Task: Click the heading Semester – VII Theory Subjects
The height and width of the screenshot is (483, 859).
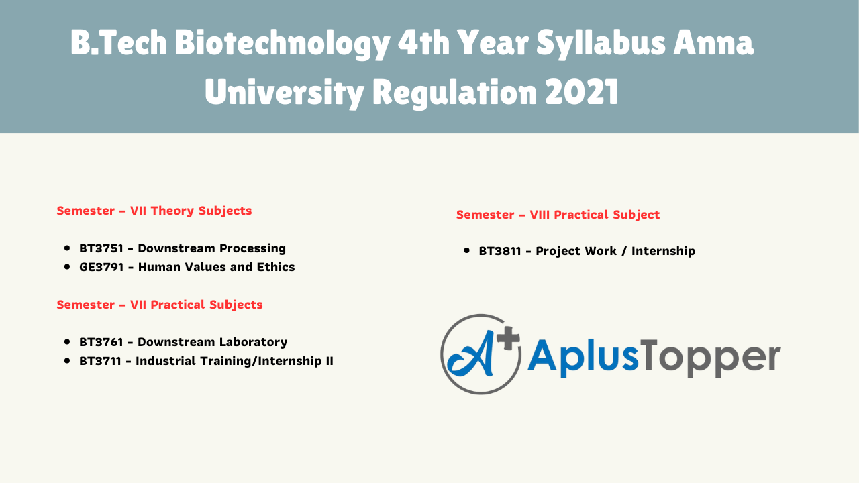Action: (154, 211)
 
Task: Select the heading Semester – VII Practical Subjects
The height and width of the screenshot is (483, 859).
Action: (160, 305)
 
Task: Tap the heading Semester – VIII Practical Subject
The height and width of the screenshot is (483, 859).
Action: (558, 215)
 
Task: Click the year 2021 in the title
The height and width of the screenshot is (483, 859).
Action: (582, 93)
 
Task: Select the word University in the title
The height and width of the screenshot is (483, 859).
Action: (284, 93)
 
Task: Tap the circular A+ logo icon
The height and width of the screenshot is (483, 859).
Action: (481, 354)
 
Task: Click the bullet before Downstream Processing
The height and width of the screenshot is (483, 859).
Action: (67, 248)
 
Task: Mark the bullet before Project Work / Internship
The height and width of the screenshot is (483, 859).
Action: (467, 251)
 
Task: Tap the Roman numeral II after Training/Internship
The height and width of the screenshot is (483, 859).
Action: (329, 361)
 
